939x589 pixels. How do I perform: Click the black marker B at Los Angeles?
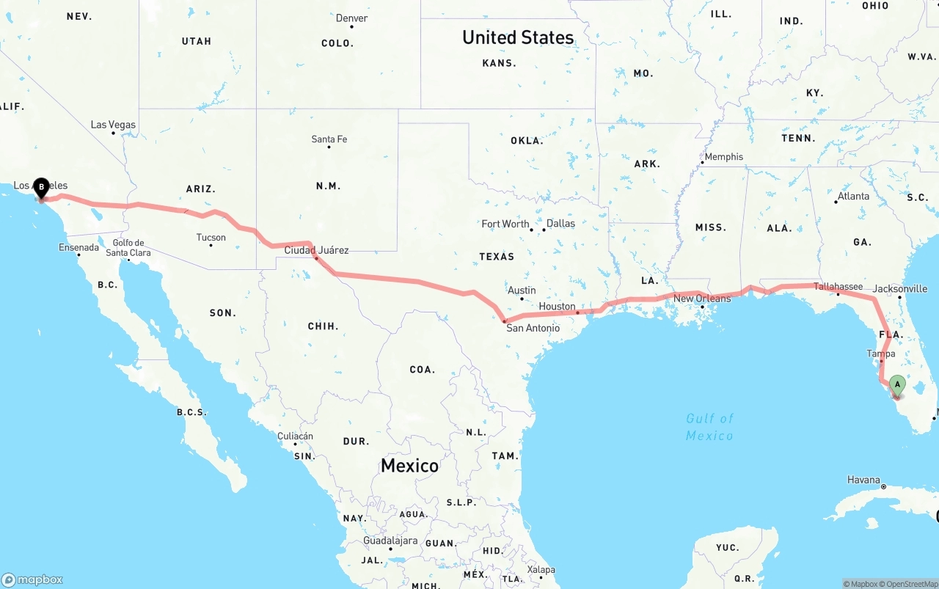[42, 188]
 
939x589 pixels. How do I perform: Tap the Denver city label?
[352, 18]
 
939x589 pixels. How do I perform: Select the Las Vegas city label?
[113, 125]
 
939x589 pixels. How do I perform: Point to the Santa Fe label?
[329, 139]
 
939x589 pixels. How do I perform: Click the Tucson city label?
[211, 238]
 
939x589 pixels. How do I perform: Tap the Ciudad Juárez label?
[316, 251]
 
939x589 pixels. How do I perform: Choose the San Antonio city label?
[533, 328]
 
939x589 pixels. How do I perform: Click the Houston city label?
[557, 307]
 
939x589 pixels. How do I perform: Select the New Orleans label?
[702, 299]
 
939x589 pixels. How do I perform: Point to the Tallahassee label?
[838, 286]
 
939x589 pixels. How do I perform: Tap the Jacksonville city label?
[900, 289]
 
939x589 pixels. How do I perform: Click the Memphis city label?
[723, 157]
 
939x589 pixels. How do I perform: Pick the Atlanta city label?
[853, 196]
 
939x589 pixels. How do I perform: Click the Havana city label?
[863, 480]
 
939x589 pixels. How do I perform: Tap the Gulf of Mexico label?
[709, 427]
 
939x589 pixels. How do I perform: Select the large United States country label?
[518, 37]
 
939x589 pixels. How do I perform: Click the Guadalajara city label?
[390, 541]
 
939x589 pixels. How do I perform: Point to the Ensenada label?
[78, 248]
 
